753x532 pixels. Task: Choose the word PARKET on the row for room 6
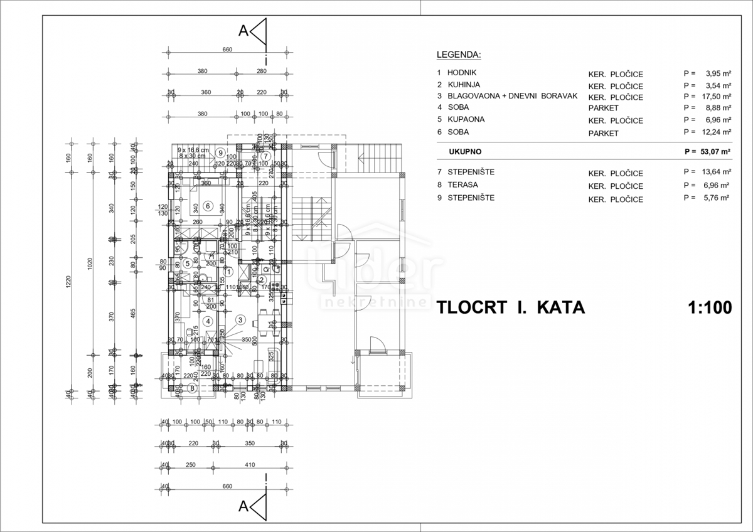[603, 133]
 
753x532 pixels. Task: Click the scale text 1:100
[710, 307]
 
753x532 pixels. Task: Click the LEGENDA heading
[458, 54]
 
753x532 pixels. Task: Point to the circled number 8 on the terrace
[193, 388]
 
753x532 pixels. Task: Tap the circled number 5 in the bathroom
[186, 263]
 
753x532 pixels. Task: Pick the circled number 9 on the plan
[220, 152]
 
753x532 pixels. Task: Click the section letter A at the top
[243, 31]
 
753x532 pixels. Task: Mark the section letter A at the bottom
[243, 506]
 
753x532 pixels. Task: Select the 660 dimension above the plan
[227, 50]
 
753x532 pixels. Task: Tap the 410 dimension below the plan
[250, 465]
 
